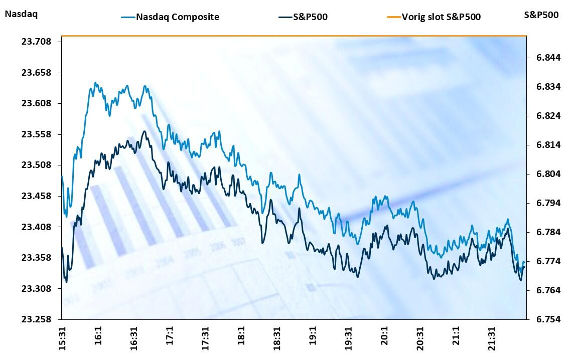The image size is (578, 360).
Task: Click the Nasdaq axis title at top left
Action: pyautogui.click(x=21, y=14)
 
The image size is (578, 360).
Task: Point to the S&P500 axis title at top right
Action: pyautogui.click(x=541, y=15)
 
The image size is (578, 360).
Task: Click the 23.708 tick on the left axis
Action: pyautogui.click(x=36, y=42)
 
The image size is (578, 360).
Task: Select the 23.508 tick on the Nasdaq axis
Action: pyautogui.click(x=36, y=165)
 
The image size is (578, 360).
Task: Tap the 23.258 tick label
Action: pyautogui.click(x=36, y=319)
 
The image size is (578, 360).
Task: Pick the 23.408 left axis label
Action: pyautogui.click(x=36, y=227)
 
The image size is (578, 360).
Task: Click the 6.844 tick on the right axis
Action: pyautogui.click(x=543, y=58)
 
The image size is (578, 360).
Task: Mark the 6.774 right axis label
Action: pyautogui.click(x=543, y=262)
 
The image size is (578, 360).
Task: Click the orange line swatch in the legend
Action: pyautogui.click(x=393, y=17)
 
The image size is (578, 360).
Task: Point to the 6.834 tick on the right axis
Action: pyautogui.click(x=543, y=87)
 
